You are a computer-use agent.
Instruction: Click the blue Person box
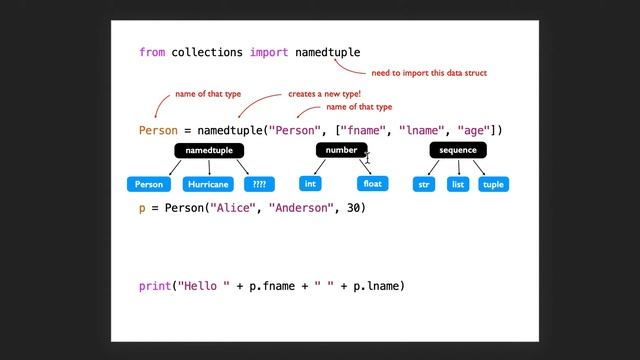[149, 184]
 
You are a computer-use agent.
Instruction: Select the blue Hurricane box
[209, 184]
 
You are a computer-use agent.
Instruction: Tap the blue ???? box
[260, 184]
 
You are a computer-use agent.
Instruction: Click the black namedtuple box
[209, 150]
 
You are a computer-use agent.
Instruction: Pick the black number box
[341, 150]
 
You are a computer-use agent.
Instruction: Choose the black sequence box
[458, 150]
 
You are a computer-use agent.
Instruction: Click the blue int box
[311, 184]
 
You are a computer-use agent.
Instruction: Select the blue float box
[372, 184]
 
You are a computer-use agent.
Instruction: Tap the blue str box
[424, 184]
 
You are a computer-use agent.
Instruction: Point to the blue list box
[457, 184]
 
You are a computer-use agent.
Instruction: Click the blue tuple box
[493, 184]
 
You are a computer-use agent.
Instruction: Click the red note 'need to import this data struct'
[429, 73]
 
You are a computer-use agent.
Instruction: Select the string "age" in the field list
[474, 131]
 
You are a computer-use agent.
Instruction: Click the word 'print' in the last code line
[155, 286]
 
